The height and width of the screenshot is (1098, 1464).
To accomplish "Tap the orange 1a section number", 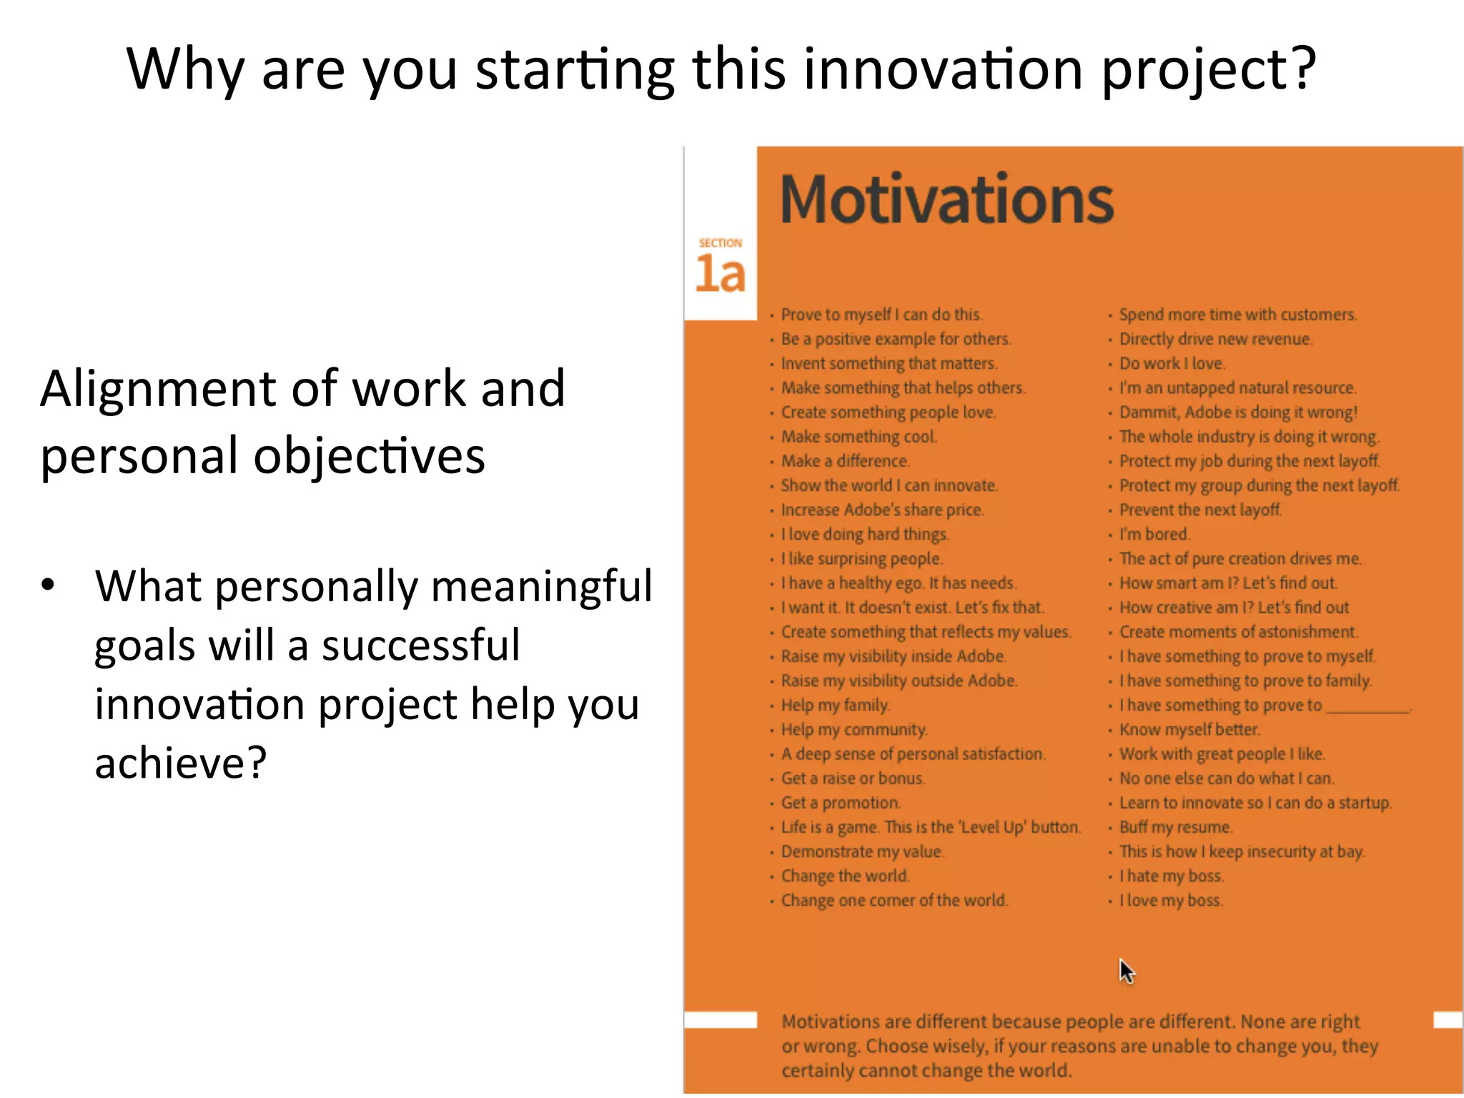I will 720,274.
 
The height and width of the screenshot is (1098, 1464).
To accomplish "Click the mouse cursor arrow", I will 1127,971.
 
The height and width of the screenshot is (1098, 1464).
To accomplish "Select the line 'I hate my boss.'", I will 1171,876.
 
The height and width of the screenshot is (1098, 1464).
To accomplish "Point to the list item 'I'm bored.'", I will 1154,534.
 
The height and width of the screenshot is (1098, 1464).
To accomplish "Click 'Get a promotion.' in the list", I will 841,803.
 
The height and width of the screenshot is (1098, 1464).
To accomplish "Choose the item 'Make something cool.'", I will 859,437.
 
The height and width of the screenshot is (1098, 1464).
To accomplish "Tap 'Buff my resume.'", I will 1175,827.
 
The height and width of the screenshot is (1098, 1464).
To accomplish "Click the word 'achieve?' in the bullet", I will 181,763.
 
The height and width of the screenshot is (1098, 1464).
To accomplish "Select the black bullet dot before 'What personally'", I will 48,585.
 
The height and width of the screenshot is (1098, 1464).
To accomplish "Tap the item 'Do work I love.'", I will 1172,363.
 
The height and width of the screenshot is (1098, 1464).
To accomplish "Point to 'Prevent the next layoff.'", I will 1200,510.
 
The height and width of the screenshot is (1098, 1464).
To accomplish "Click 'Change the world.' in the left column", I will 845,876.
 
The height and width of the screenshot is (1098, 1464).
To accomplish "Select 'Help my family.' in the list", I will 835,706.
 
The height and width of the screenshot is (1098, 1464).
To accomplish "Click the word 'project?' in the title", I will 1208,69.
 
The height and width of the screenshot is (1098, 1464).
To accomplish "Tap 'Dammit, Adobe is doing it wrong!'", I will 1237,412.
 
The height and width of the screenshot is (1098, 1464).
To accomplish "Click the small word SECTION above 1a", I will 720,243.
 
